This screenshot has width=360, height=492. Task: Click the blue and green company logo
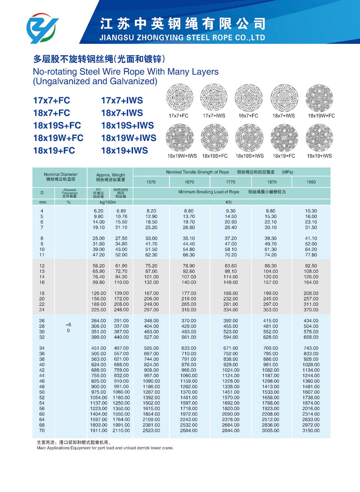coord(42,28)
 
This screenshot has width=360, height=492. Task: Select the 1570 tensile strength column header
coord(151,182)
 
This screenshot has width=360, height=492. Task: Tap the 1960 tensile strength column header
coord(311,182)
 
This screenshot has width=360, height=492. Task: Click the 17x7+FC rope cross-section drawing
coord(179,97)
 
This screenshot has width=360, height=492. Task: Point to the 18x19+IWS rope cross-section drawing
coord(319,138)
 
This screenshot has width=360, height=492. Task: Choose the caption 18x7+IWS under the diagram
coord(284,116)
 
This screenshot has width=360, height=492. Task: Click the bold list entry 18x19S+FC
coord(57,126)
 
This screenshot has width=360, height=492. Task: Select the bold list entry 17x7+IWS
coord(122,100)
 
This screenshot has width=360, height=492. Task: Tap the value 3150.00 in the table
coord(311,430)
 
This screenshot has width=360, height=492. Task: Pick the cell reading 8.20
coord(151,211)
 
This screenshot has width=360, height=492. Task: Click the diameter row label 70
coord(42,430)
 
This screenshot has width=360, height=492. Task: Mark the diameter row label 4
coord(42,211)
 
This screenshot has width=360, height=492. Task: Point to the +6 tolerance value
coord(68,325)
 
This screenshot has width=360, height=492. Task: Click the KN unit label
coord(229,202)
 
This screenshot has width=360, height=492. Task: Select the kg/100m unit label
coord(108,202)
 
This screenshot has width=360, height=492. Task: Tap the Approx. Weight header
coord(111,175)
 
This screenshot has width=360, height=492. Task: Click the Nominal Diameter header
coord(60,174)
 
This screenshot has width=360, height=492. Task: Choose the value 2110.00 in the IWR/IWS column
coord(121,430)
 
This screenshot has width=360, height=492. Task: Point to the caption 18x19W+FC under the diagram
coord(321,116)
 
